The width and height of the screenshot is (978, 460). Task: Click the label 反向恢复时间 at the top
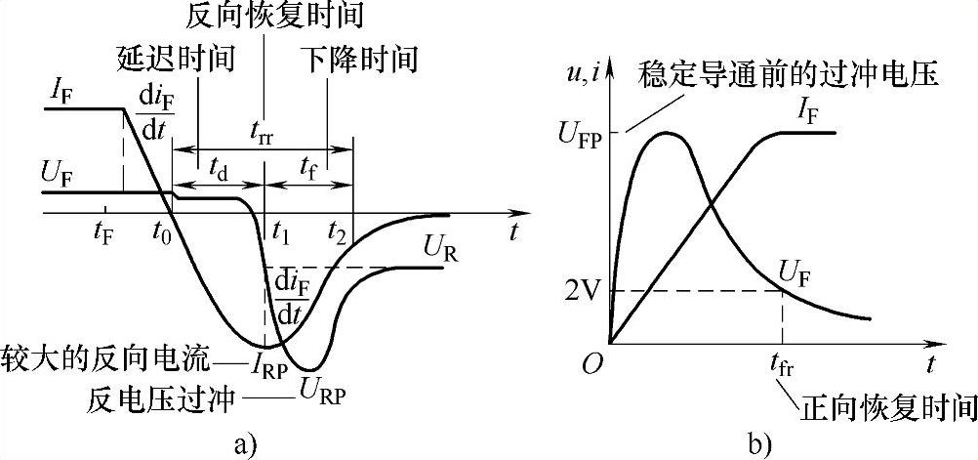point(265,18)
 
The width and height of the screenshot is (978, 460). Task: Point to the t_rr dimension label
point(261,137)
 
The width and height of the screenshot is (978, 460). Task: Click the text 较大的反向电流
point(106,357)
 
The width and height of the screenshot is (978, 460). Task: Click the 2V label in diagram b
point(582,290)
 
